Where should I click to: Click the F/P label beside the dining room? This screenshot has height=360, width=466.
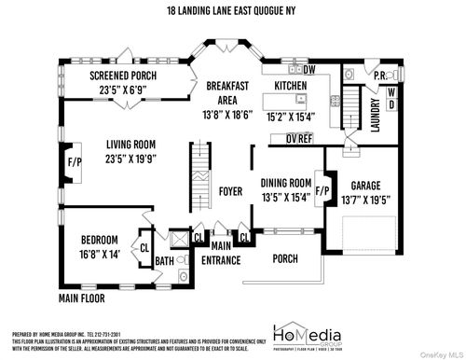(323, 191)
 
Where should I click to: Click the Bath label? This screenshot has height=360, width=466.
(164, 261)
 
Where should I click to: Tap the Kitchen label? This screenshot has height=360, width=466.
(290, 85)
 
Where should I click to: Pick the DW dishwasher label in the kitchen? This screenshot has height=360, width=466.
(309, 69)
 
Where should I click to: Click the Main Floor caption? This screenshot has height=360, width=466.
(82, 298)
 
